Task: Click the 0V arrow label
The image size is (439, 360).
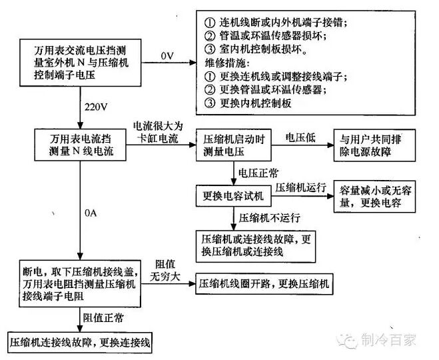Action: pos(167,56)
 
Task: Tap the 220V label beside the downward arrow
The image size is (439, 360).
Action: pos(96,107)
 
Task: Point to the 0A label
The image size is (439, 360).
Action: pos(91,213)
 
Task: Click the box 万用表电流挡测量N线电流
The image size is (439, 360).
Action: pos(81,145)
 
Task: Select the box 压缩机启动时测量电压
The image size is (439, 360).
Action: pos(234,145)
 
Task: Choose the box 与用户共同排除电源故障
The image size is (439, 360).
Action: pos(374,145)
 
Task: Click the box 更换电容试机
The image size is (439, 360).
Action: pos(234,196)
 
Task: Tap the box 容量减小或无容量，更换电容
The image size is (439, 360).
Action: pos(374,197)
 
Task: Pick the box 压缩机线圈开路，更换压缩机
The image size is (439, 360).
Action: pos(264,284)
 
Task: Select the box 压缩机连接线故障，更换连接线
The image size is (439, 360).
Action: pos(80,343)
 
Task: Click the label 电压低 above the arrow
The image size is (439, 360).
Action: pos(300,138)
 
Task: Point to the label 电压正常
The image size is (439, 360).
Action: pos(258,173)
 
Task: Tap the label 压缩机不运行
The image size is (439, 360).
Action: pos(269,218)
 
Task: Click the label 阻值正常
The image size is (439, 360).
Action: pos(103,318)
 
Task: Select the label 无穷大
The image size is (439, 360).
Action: pos(165,277)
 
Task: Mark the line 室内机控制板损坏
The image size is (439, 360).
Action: pos(256,49)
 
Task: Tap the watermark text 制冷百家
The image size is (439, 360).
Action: pos(388,340)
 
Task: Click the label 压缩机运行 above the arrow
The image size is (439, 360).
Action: pos(300,187)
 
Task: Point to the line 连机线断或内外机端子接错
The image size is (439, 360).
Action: pos(276,22)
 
